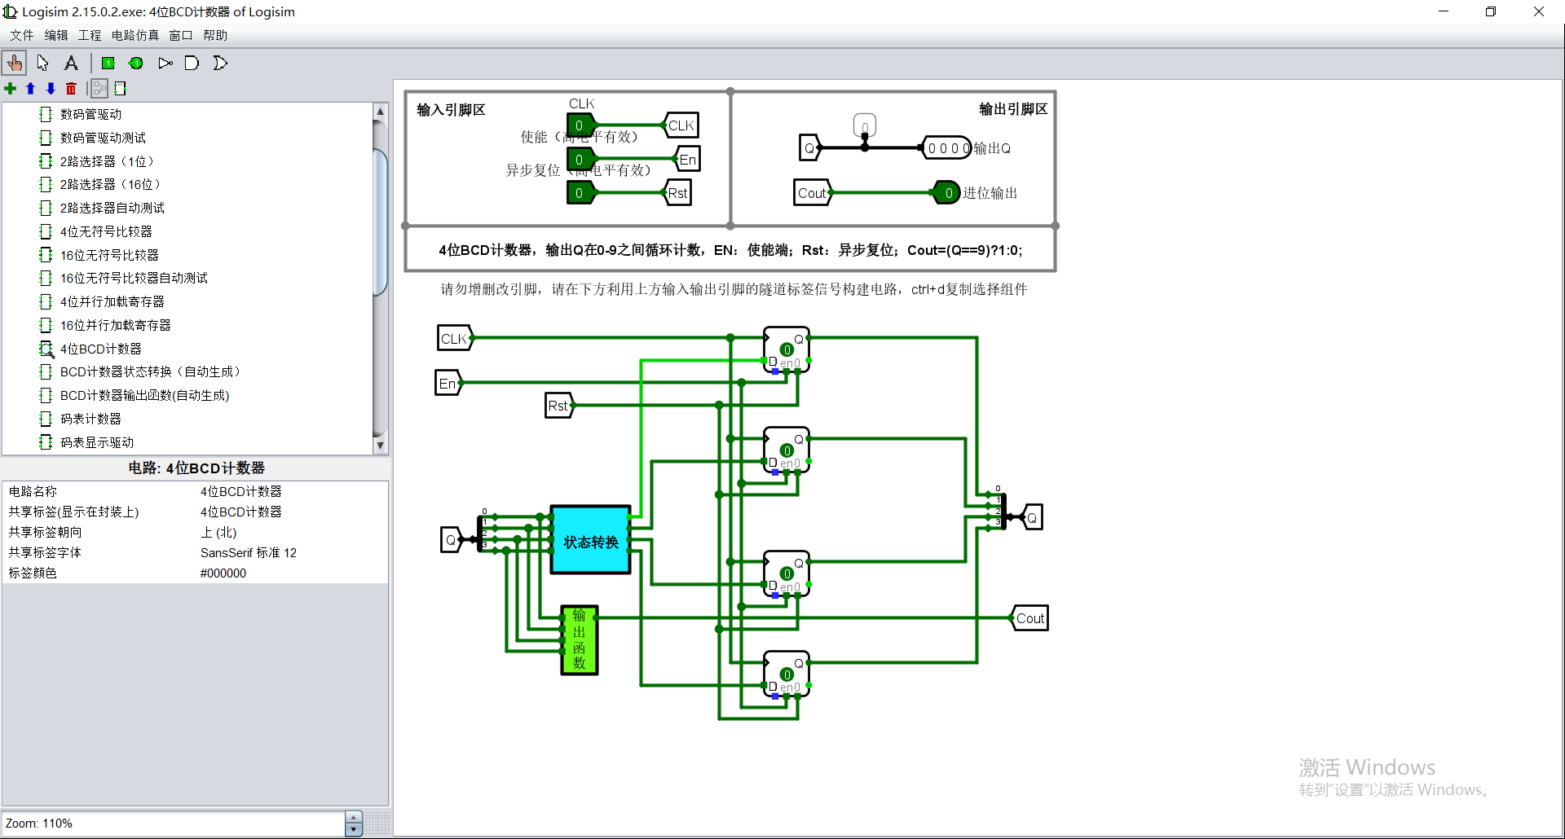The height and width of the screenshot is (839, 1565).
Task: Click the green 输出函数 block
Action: click(x=580, y=640)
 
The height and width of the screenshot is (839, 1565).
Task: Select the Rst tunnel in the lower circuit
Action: click(x=558, y=406)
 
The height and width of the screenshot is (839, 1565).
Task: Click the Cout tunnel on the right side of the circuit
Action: click(x=1029, y=618)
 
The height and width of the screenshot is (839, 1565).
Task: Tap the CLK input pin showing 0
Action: click(x=580, y=125)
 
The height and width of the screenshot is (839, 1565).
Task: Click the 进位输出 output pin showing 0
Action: click(x=947, y=193)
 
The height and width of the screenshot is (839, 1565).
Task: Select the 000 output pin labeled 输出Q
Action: click(x=947, y=148)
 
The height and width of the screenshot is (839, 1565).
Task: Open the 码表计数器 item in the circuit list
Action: click(x=90, y=419)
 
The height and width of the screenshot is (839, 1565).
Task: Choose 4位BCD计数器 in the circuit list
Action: click(x=100, y=349)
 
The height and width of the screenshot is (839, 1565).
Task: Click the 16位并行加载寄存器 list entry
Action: click(x=115, y=325)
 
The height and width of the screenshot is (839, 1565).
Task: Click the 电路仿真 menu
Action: click(x=135, y=35)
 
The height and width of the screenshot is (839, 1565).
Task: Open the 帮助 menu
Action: click(x=215, y=35)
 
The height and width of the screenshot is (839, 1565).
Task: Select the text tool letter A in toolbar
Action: click(x=71, y=63)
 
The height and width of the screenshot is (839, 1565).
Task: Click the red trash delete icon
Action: click(x=71, y=88)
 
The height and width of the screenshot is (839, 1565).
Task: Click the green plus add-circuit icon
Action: click(x=11, y=88)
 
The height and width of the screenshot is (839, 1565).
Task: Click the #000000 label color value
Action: click(x=223, y=573)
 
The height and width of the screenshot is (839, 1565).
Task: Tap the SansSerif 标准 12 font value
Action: click(x=249, y=552)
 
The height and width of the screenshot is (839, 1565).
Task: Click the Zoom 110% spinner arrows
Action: click(x=353, y=823)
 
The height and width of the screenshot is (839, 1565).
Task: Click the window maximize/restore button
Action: click(x=1491, y=11)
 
